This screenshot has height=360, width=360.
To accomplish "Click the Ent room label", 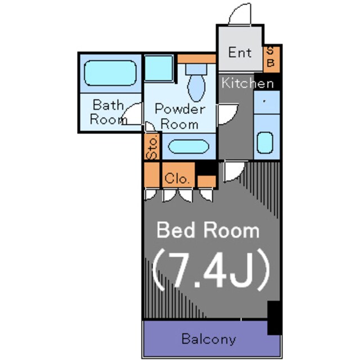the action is [x=240, y=52].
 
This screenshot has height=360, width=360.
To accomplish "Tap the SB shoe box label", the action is [x=271, y=57].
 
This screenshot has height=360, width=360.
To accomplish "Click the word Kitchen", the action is [x=247, y=83].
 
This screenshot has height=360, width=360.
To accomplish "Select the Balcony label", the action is [x=209, y=339].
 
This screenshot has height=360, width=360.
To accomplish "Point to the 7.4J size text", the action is [x=211, y=270].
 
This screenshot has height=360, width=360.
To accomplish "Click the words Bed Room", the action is [x=208, y=230].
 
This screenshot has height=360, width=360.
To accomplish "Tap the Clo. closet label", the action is [x=177, y=178].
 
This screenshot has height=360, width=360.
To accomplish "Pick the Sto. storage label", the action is [x=152, y=147].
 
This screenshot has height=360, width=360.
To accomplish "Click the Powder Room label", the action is [x=180, y=116].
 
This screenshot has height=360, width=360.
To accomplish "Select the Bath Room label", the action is [x=107, y=112].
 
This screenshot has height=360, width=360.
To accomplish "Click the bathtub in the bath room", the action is [x=110, y=73].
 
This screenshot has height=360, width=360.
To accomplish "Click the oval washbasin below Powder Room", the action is [x=188, y=146].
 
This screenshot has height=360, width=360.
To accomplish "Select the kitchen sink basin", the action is [x=265, y=142].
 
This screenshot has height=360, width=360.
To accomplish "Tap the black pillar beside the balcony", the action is [x=274, y=317].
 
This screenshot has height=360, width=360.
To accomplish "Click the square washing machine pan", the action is [x=159, y=68].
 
